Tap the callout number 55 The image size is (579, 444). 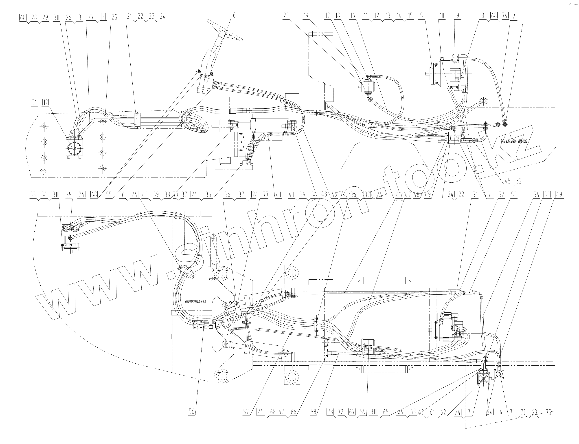(109, 195)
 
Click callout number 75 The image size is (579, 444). (549, 412)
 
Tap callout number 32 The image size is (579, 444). (519, 181)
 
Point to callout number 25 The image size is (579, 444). (114, 17)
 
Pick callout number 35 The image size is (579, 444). (69, 195)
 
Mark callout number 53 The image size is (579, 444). (514, 195)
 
